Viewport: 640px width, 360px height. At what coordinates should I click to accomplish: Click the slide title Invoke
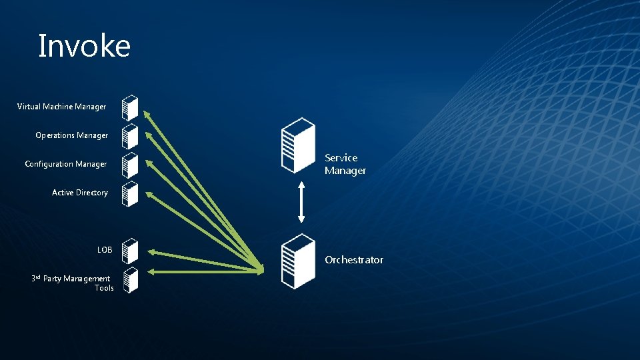pyautogui.click(x=84, y=47)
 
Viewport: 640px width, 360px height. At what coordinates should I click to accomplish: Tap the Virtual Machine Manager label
pyautogui.click(x=61, y=107)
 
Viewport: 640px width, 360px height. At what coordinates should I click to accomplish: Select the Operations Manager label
pyautogui.click(x=71, y=135)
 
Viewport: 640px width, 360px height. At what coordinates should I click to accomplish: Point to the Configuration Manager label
pyautogui.click(x=65, y=164)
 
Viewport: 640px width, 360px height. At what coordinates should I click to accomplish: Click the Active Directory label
pyautogui.click(x=79, y=193)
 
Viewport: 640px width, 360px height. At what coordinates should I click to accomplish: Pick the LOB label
pyautogui.click(x=105, y=250)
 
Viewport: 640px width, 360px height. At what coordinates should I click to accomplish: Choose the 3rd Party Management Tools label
pyautogui.click(x=73, y=283)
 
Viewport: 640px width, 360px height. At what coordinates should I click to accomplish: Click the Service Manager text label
pyautogui.click(x=345, y=164)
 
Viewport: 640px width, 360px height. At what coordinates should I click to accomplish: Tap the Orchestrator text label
pyautogui.click(x=353, y=260)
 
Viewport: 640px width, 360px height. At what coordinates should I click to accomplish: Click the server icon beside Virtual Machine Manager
pyautogui.click(x=130, y=107)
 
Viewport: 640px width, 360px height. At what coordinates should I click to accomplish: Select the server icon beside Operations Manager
pyautogui.click(x=130, y=135)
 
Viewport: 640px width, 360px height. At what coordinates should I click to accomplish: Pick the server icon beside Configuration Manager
pyautogui.click(x=130, y=164)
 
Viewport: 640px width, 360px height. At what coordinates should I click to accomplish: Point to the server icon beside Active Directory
pyautogui.click(x=130, y=193)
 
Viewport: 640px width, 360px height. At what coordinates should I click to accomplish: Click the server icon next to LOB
pyautogui.click(x=130, y=251)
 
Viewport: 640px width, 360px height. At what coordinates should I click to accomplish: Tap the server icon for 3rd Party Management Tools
pyautogui.click(x=130, y=279)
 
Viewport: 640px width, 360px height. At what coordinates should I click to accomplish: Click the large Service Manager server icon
pyautogui.click(x=297, y=145)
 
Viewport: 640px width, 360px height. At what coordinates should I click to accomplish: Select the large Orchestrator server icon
pyautogui.click(x=297, y=261)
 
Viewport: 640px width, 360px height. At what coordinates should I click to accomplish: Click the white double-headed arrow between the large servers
pyautogui.click(x=301, y=201)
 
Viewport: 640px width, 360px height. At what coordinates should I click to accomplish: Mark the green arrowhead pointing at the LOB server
pyautogui.click(x=149, y=251)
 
